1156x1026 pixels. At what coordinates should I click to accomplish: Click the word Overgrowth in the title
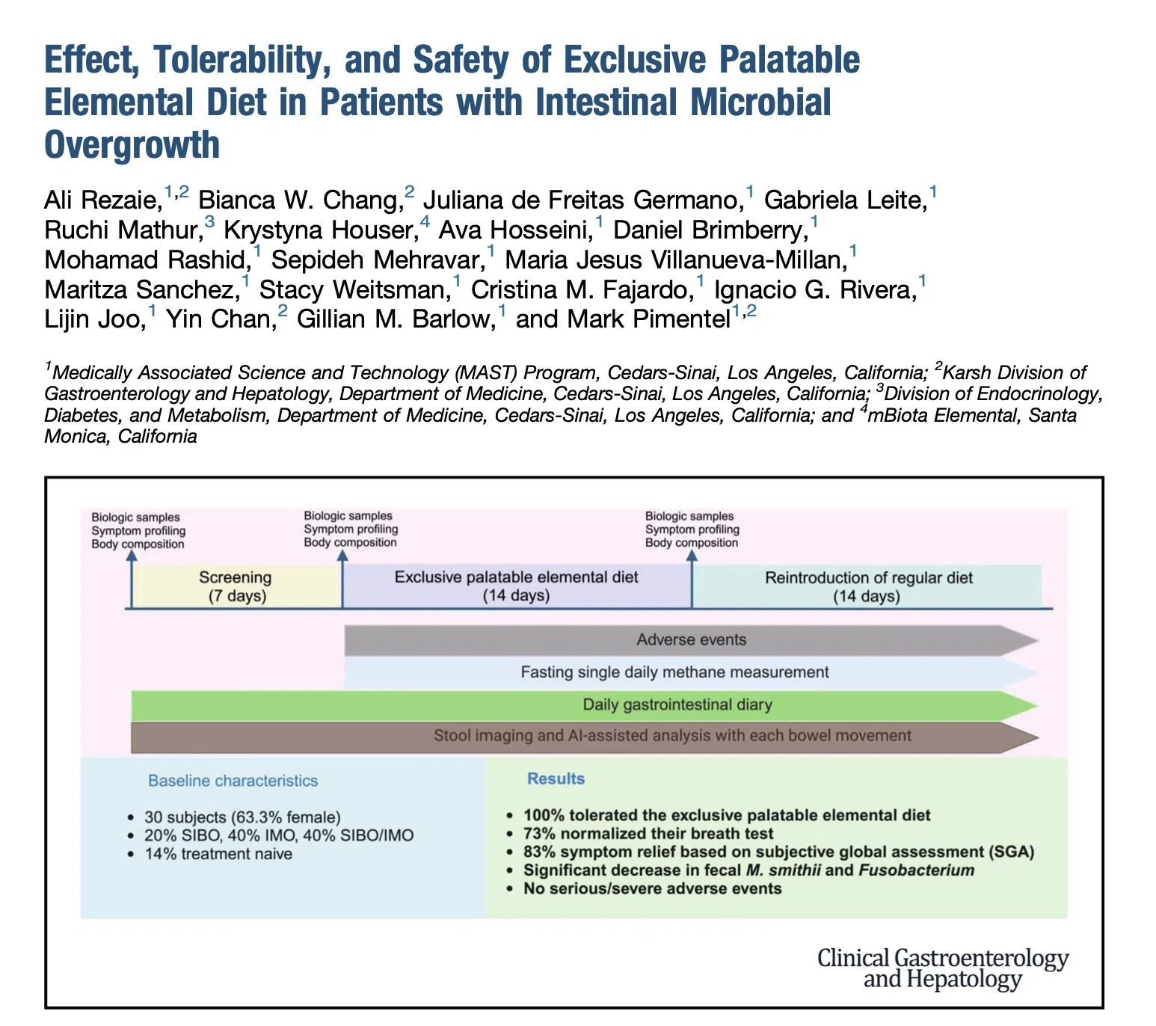[132, 145]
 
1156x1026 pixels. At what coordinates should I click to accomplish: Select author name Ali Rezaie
[103, 200]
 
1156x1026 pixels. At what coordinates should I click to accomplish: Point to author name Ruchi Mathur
[124, 230]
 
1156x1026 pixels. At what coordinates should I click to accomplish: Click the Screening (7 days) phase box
[237, 586]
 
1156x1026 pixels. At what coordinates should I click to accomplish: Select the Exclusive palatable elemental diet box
[517, 586]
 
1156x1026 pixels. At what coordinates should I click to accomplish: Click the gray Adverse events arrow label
[692, 639]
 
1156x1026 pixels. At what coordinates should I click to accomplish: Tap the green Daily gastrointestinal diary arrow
[584, 705]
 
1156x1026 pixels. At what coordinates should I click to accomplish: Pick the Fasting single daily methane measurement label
[674, 672]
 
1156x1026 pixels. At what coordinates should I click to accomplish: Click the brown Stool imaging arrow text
[672, 736]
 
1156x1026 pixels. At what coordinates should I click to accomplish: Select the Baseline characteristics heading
[233, 781]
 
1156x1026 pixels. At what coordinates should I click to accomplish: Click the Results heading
[556, 779]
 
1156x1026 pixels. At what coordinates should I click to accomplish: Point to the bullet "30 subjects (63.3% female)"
[242, 817]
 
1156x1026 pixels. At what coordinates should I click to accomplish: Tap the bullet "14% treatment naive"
[218, 854]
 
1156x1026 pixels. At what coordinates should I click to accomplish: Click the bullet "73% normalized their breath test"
[648, 834]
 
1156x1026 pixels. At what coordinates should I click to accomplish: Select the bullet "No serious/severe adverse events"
[652, 888]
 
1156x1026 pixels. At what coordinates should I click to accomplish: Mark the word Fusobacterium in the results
[917, 870]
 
